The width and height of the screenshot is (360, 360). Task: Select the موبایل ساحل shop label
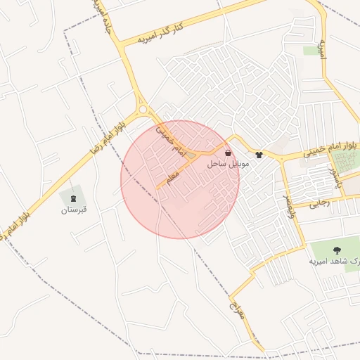[227, 163]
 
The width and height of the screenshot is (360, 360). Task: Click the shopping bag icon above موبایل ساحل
[227, 153]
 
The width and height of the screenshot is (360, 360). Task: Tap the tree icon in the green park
[336, 250]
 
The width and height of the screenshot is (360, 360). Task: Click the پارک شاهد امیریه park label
[335, 261]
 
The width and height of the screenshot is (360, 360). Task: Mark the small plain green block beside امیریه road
[311, 51]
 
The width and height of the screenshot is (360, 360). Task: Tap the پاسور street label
[337, 178]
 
